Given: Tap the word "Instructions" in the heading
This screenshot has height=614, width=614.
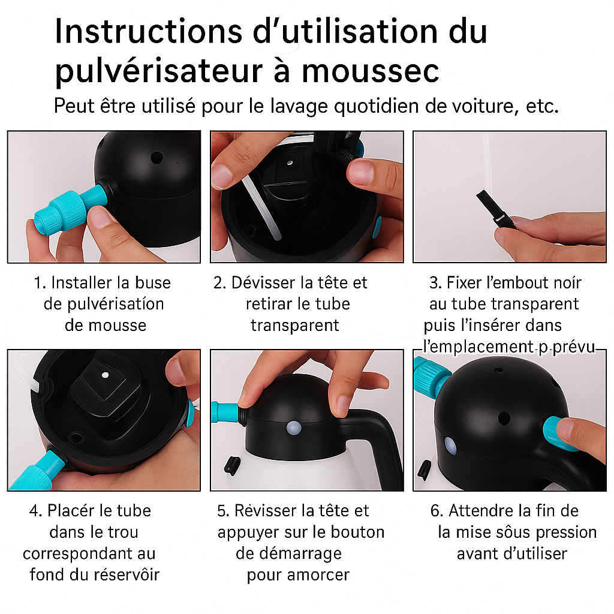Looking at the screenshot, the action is coord(149,31).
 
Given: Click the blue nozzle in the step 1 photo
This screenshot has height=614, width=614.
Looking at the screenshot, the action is coord(71,209).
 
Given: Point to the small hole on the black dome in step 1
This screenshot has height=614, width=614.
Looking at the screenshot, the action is coord(156,158).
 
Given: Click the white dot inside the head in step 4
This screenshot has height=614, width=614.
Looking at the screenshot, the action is coord(105,375).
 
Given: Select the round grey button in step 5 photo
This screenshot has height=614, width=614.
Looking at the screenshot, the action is coord(294,428).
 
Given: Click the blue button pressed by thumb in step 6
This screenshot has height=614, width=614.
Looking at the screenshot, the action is coord(558,433).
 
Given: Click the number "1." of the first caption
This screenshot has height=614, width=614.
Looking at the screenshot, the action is coord(40,283).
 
